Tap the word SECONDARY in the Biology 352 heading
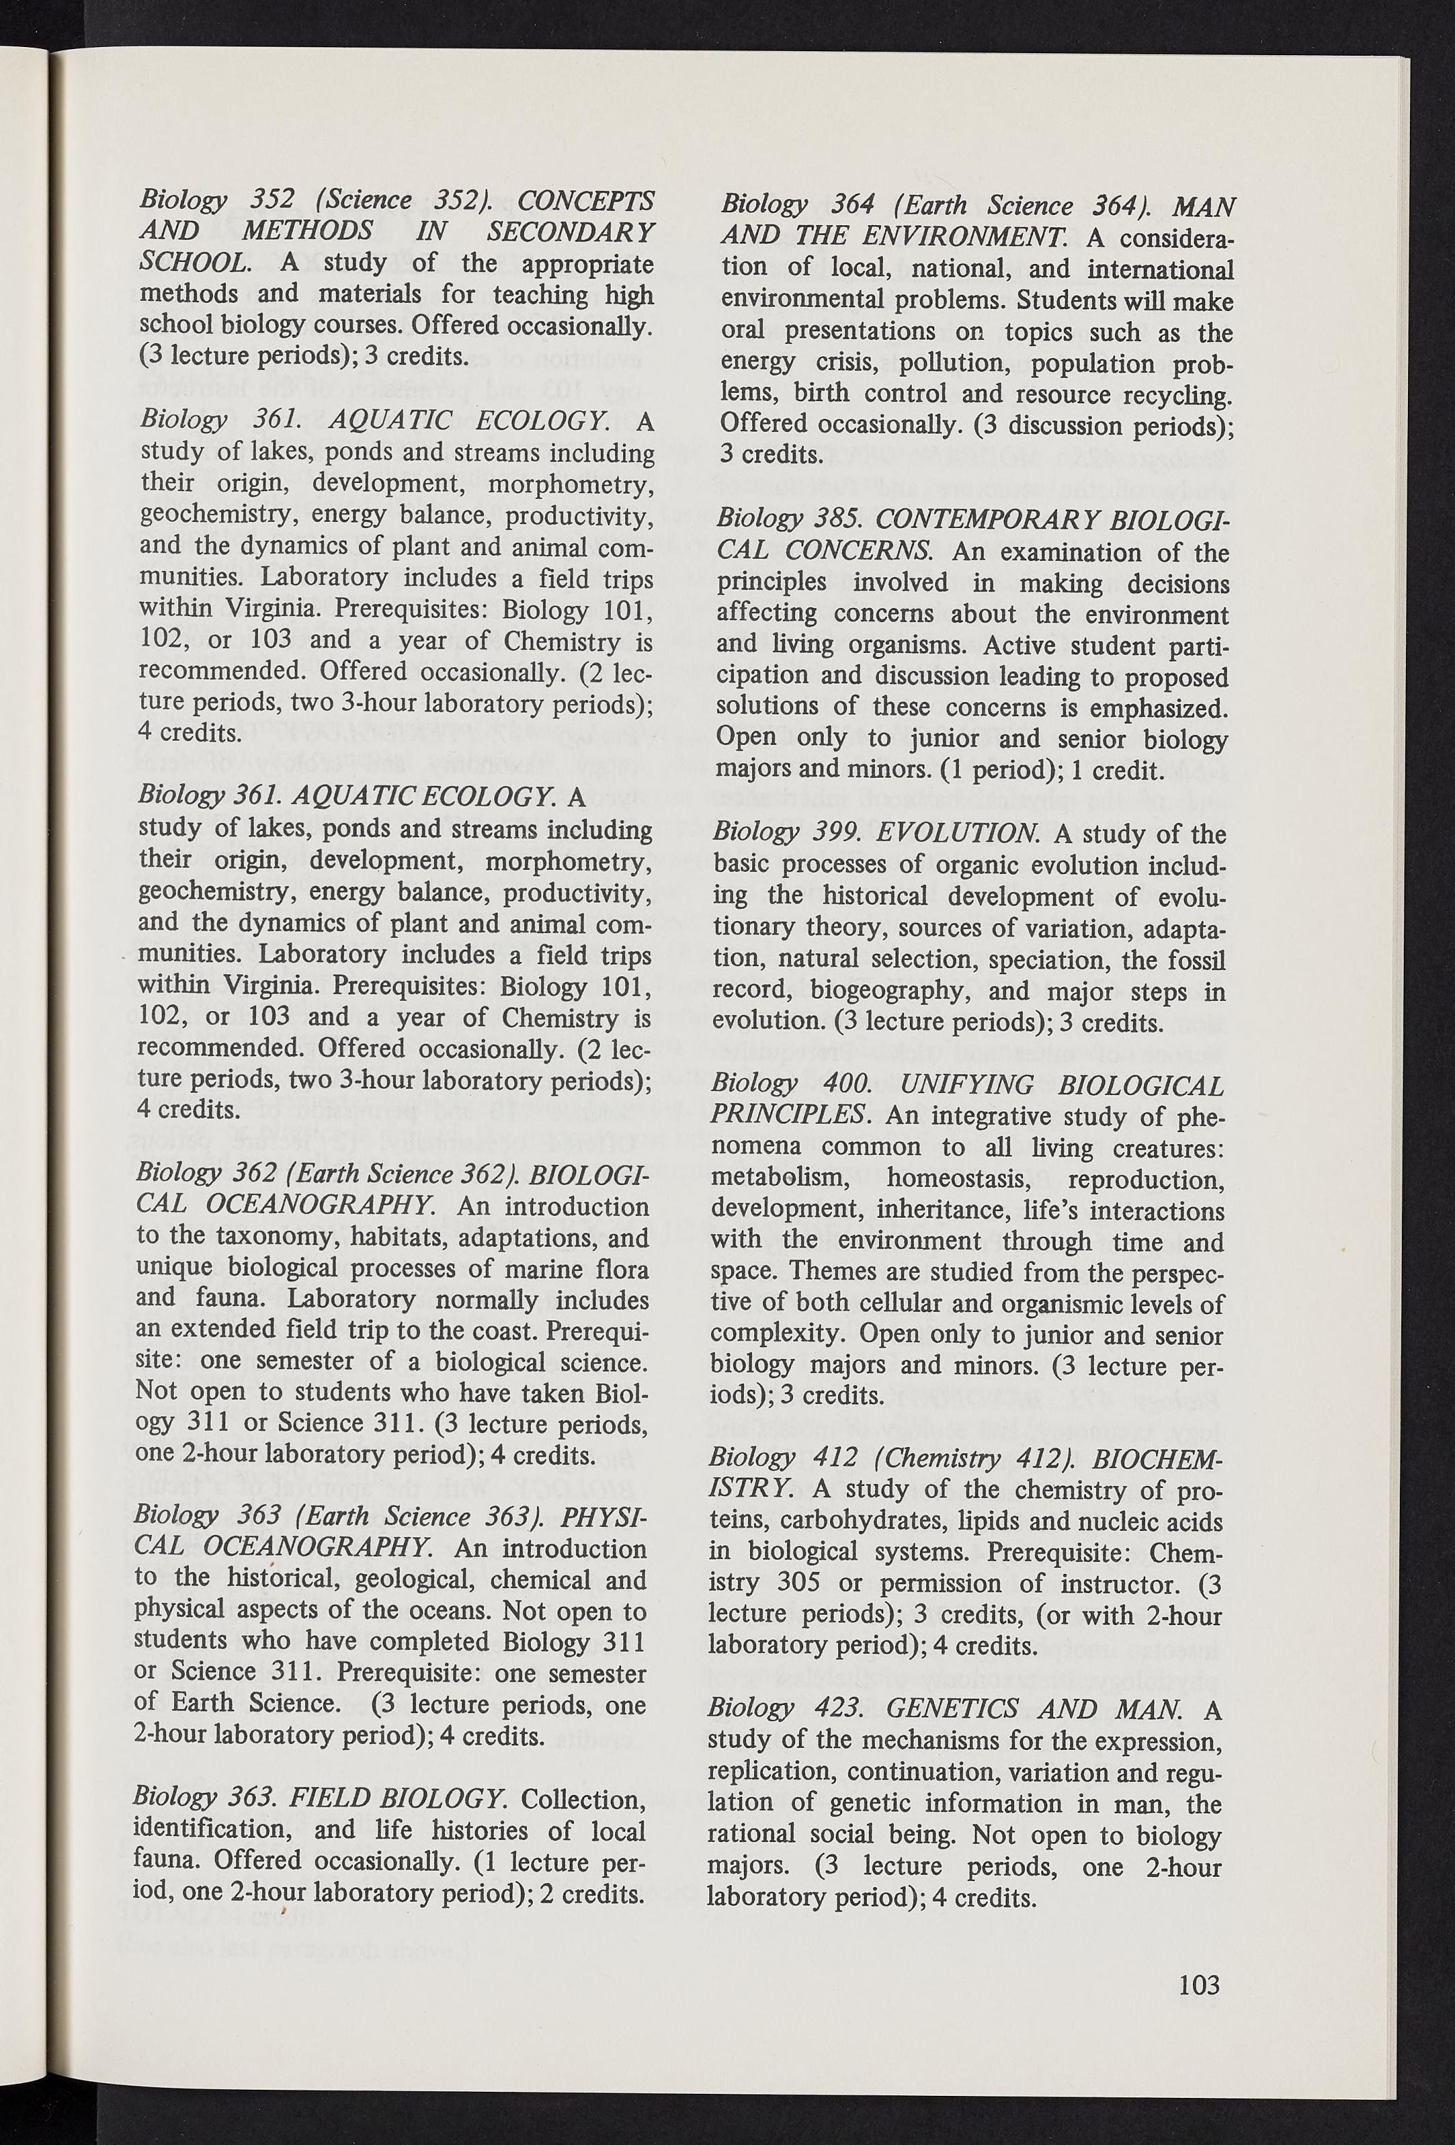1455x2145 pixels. pos(571,232)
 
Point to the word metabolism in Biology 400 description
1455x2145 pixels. pos(788,1179)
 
